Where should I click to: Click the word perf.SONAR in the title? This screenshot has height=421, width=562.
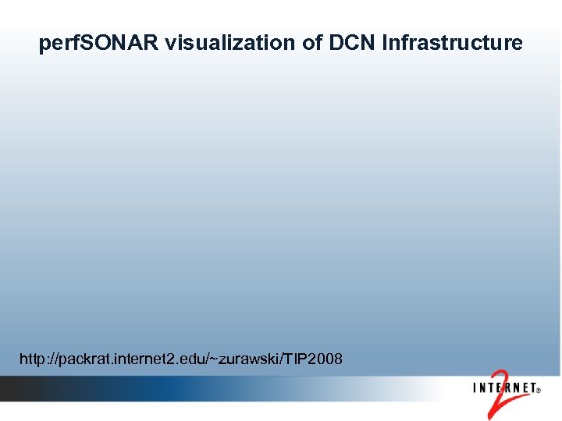tap(98, 44)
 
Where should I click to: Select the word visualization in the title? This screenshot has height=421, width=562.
tap(231, 44)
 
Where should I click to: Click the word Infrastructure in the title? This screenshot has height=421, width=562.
tap(453, 44)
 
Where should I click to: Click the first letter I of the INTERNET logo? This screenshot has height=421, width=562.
tap(475, 387)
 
